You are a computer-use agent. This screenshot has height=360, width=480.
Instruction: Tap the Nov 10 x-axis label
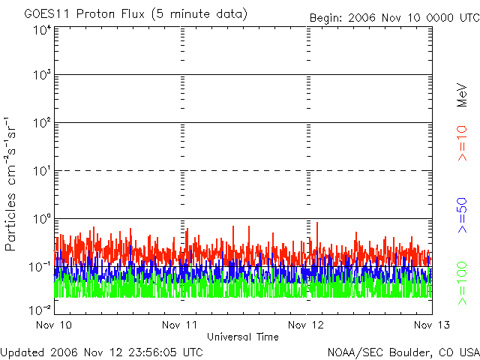pos(54,325)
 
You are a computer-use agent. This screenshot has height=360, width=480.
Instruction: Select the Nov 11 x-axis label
pos(180,325)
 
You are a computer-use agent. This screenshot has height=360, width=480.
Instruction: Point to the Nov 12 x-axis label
pos(306,325)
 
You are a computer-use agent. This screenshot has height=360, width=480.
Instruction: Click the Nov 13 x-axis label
pos(432,325)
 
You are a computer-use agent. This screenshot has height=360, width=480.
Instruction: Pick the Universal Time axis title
pos(243,337)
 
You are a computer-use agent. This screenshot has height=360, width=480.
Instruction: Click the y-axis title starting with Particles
pos(10,184)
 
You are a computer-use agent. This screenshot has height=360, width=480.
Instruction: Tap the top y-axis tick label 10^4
pos(42,30)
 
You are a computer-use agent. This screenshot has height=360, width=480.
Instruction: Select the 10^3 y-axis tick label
pos(42,75)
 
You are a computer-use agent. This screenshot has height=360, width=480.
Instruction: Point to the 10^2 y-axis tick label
pos(42,123)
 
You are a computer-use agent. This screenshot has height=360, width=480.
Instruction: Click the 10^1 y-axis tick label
pos(42,171)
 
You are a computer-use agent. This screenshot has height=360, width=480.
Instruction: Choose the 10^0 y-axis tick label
pos(42,219)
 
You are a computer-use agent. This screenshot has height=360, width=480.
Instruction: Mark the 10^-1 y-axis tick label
pos(40,267)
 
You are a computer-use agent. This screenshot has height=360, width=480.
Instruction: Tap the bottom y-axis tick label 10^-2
pos(40,310)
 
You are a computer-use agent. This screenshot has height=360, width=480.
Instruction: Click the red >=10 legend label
pos(462,143)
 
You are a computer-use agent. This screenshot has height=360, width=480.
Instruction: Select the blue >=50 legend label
pos(462,215)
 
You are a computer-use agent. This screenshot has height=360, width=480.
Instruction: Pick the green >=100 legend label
pos(462,283)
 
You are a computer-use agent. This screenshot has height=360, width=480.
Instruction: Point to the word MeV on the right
pos(462,95)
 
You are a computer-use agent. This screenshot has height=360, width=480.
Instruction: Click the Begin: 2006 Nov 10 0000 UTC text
pos(395,18)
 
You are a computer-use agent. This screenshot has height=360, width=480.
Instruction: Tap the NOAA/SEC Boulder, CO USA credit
pos(403,352)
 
